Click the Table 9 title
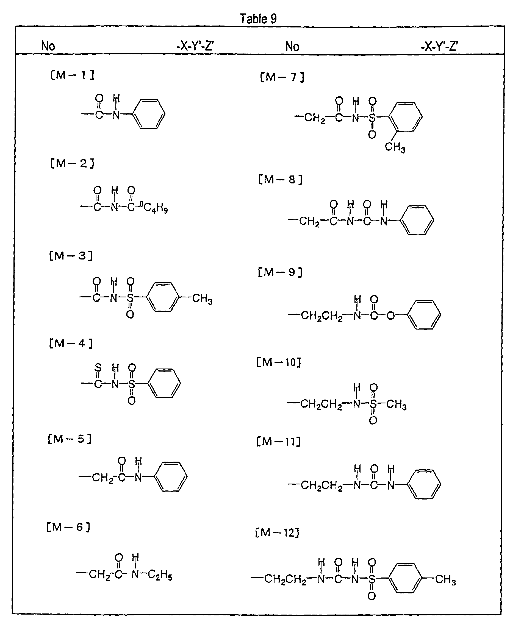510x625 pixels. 258,19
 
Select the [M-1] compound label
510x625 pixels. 72,76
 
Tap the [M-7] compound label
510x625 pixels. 282,77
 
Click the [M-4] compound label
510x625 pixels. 71,344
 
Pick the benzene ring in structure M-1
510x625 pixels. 149,114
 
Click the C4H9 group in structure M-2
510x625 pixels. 156,208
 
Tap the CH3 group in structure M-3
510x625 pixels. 202,299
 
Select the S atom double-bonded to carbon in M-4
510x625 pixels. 98,367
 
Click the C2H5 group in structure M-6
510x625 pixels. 160,574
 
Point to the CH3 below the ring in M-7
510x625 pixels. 395,147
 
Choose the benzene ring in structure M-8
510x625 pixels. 417,220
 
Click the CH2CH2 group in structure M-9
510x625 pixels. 322,316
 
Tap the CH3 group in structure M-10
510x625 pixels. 396,404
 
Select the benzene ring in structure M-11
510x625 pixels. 424,485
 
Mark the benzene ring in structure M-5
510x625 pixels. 171,477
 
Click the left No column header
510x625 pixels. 48,46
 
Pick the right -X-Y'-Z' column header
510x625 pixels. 439,46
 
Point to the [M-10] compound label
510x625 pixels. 279,362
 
